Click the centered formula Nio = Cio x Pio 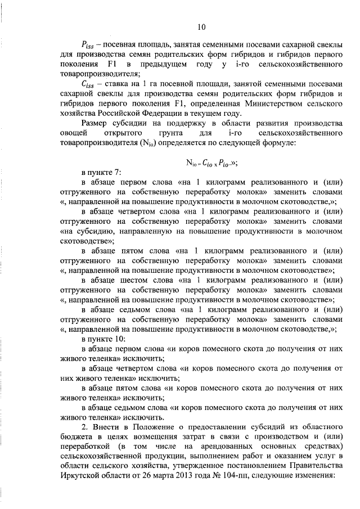pyautogui.click(x=211, y=164)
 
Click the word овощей pyautogui.click(x=73, y=133)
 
